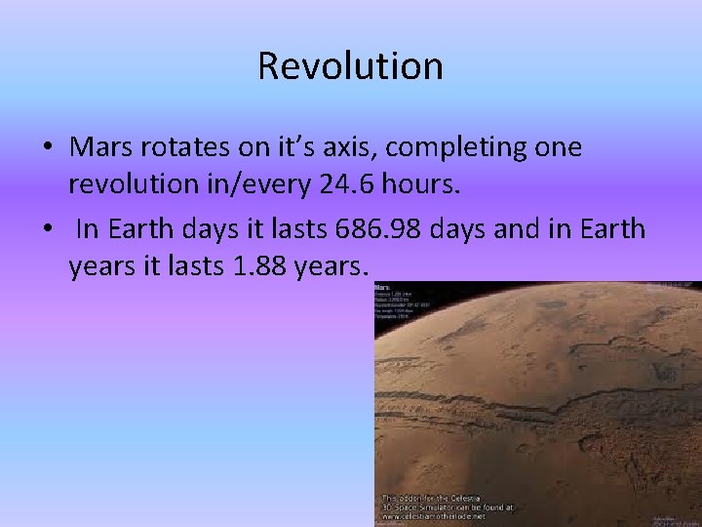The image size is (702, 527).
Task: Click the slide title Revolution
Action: [351, 66]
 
